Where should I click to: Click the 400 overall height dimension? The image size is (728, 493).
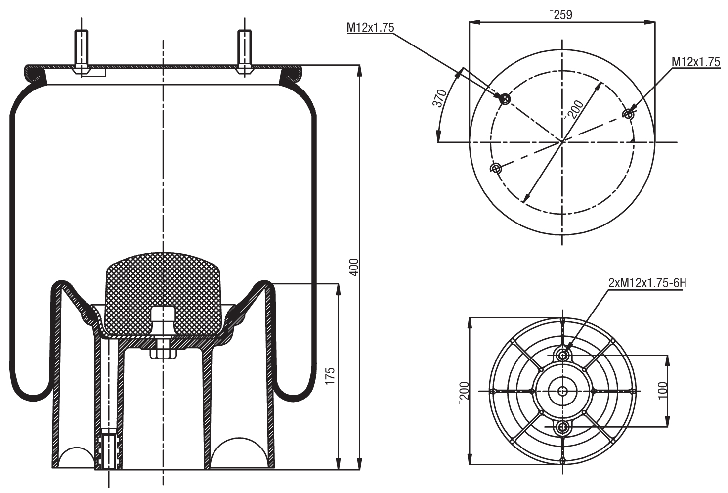coord(353,267)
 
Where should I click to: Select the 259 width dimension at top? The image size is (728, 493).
coord(561,15)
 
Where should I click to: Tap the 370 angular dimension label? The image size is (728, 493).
coord(439,98)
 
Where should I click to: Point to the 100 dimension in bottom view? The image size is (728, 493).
coord(663,390)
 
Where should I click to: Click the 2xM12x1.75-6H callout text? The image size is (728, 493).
coord(647,283)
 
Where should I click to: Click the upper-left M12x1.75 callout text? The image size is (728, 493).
coord(370,28)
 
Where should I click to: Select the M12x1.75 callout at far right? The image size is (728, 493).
coord(695,62)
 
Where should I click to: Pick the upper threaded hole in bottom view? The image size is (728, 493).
coord(562,354)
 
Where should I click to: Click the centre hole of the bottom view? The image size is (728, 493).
coord(562,391)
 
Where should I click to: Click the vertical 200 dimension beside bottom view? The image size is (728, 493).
coord(464,393)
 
